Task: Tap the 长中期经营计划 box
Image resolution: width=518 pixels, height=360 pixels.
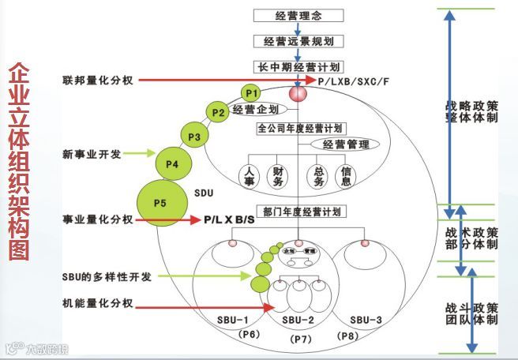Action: [298, 66]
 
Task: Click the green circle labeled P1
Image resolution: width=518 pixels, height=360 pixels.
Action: [251, 93]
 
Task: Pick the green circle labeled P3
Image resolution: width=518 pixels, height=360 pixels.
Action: [193, 137]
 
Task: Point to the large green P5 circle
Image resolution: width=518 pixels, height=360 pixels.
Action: [160, 203]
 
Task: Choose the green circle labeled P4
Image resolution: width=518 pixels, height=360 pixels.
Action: [172, 164]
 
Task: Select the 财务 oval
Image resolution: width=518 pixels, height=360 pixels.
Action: [279, 175]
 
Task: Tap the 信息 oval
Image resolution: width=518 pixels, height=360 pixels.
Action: [345, 175]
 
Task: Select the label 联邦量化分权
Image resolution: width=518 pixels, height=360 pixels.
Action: [98, 80]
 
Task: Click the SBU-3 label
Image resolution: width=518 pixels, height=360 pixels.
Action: [366, 320]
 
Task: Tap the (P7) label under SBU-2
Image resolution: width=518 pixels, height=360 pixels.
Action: [302, 339]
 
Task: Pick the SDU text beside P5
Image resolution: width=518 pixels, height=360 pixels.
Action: [204, 193]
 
